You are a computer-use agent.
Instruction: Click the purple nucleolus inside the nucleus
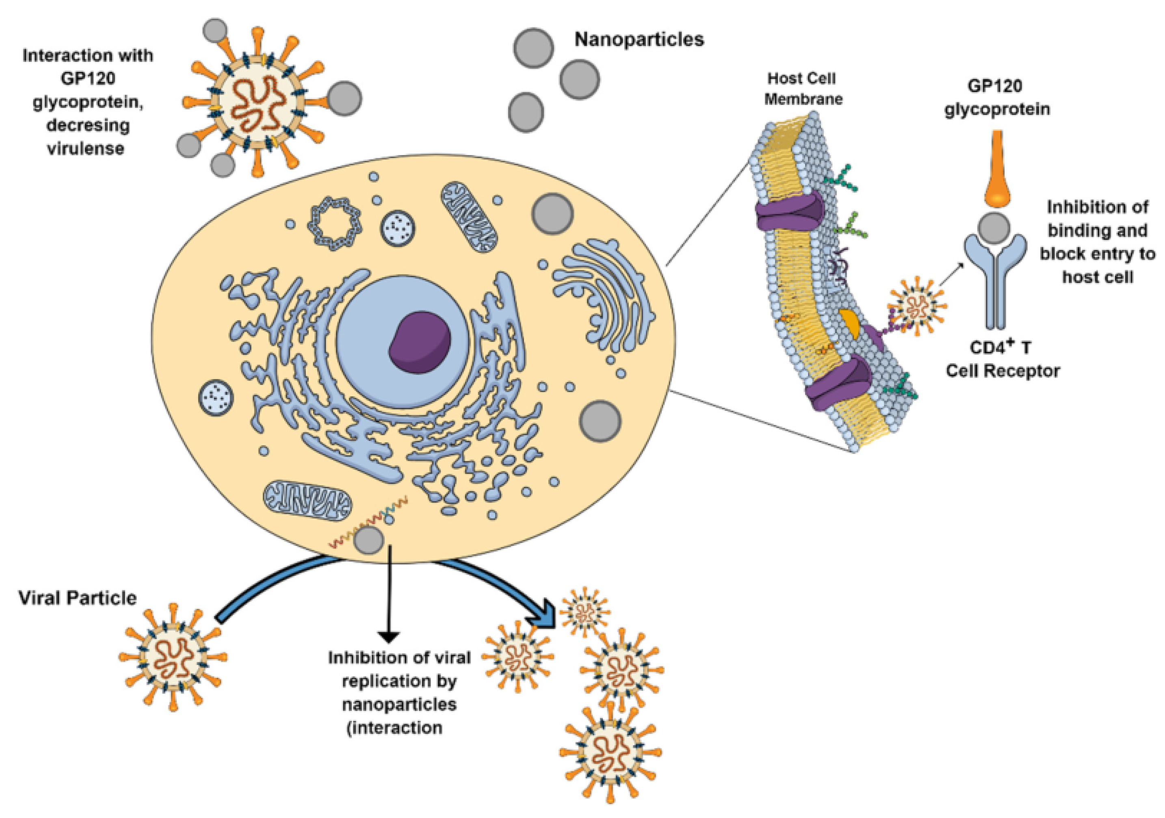coord(420,342)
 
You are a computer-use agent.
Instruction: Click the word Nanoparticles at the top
coord(639,39)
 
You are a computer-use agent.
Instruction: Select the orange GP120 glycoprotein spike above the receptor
coord(996,170)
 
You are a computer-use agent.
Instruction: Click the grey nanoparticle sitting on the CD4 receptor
coord(994,228)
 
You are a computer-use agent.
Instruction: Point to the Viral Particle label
coord(78,598)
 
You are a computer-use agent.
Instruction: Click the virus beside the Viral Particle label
coord(173,657)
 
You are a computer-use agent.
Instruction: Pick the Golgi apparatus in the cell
coord(604,294)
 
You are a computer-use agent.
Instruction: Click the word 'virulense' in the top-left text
coord(86,149)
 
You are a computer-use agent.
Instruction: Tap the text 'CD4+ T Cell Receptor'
coord(1003,359)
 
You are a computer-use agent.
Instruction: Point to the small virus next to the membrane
coord(917,306)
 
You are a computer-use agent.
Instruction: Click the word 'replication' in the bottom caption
coord(399,681)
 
